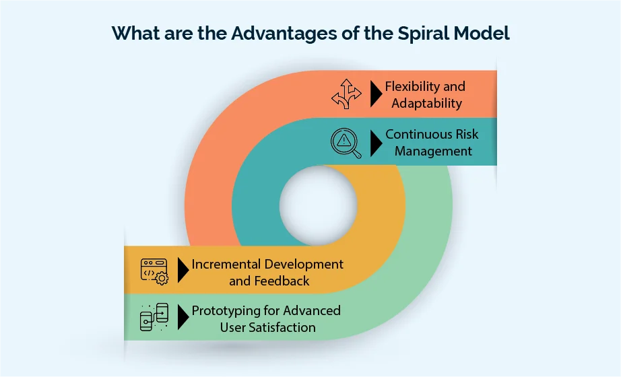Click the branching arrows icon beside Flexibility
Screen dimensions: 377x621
click(x=346, y=94)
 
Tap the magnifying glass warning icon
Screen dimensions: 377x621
click(x=346, y=142)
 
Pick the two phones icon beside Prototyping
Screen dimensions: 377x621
click(x=154, y=318)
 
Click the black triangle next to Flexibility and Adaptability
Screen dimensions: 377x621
click(x=376, y=94)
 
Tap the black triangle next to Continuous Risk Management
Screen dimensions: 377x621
click(x=376, y=142)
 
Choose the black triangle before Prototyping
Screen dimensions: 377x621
click(x=183, y=318)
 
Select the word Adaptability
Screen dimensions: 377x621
click(x=426, y=104)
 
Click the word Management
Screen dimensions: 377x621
click(x=433, y=151)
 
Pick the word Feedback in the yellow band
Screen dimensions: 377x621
click(x=282, y=281)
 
